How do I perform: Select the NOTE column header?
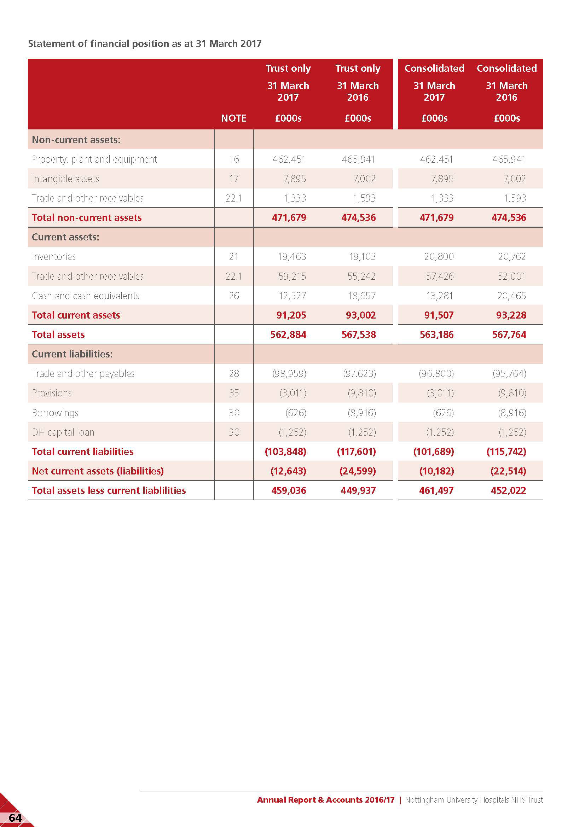(x=233, y=118)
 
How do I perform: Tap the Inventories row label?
(x=54, y=256)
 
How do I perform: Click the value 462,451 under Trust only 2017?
(x=289, y=159)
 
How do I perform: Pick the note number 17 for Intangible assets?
(x=234, y=179)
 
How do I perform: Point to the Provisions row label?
(x=52, y=393)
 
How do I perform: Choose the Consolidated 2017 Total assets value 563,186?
(x=436, y=334)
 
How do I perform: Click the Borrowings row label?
(x=55, y=412)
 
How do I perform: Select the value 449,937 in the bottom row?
(x=358, y=491)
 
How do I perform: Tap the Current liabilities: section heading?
(x=72, y=354)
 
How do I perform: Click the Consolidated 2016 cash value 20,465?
(x=511, y=296)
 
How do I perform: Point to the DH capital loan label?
(x=63, y=432)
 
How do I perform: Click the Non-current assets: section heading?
(x=76, y=140)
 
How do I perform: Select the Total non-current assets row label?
(x=86, y=217)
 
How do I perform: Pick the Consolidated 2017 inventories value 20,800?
(x=439, y=256)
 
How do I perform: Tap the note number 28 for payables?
(x=234, y=373)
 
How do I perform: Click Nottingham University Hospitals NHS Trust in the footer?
(x=473, y=800)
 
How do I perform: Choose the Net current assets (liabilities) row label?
(x=98, y=471)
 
